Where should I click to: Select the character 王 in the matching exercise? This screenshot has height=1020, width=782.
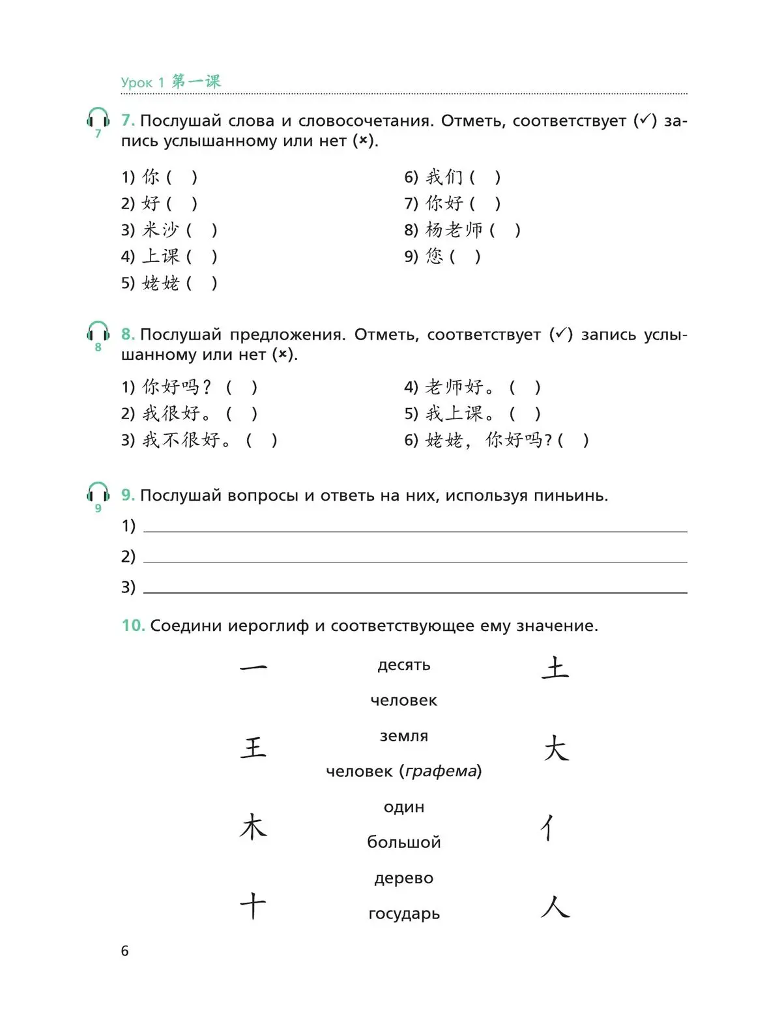click(x=253, y=747)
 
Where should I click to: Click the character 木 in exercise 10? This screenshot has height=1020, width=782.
click(x=253, y=827)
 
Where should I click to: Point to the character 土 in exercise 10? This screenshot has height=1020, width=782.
click(x=555, y=668)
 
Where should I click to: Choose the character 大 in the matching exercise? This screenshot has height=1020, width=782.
click(x=556, y=748)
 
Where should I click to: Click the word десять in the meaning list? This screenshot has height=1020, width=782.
click(x=404, y=665)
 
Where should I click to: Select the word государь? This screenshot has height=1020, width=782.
click(x=404, y=914)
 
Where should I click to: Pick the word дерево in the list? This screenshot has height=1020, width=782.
click(x=404, y=878)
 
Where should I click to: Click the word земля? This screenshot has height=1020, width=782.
click(x=404, y=736)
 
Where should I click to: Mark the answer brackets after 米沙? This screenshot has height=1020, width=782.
click(x=201, y=230)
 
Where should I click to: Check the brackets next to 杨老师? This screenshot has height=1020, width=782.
click(x=505, y=230)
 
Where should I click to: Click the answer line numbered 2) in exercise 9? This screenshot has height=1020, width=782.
click(x=414, y=557)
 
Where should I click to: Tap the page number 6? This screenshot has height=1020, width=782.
click(x=125, y=951)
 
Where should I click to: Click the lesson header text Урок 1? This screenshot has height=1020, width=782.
click(x=137, y=83)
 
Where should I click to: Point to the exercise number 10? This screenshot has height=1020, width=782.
click(x=133, y=626)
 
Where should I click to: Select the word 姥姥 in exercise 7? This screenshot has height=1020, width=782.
click(x=160, y=283)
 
